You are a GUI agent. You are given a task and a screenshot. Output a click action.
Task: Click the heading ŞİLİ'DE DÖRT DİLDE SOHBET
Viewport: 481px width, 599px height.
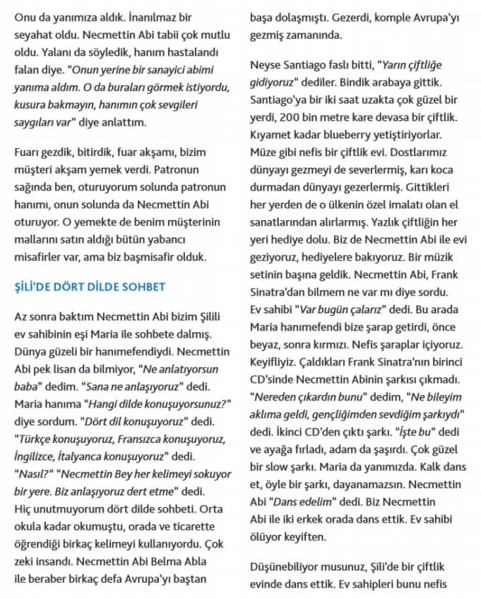(90, 287)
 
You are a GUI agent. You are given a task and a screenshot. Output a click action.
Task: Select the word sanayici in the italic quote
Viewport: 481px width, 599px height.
(133, 70)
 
